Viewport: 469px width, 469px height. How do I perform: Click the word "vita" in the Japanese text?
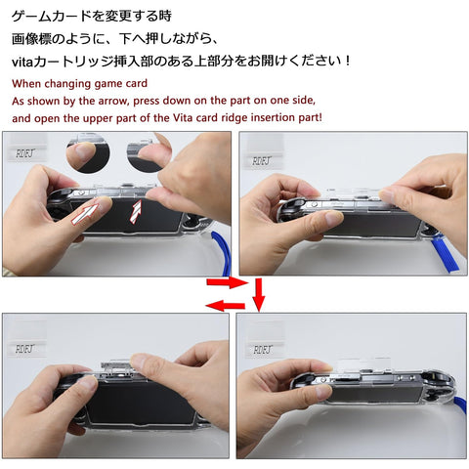(22, 62)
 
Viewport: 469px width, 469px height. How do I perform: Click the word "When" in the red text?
(26, 84)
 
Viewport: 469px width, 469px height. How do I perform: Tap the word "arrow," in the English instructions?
(112, 101)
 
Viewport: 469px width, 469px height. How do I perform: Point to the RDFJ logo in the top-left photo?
(25, 153)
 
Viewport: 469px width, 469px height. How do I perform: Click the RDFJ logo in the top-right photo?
(262, 161)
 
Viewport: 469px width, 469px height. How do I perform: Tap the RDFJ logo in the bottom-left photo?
(24, 349)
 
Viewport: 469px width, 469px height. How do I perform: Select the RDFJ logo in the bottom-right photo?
(263, 350)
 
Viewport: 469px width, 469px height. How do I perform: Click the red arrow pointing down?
(259, 294)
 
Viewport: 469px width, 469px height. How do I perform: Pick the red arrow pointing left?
(226, 306)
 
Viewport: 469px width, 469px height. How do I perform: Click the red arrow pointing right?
(228, 282)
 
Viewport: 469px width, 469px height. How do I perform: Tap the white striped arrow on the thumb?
(85, 214)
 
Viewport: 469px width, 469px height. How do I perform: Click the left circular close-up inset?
(88, 152)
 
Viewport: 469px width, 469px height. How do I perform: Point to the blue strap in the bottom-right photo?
(459, 402)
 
